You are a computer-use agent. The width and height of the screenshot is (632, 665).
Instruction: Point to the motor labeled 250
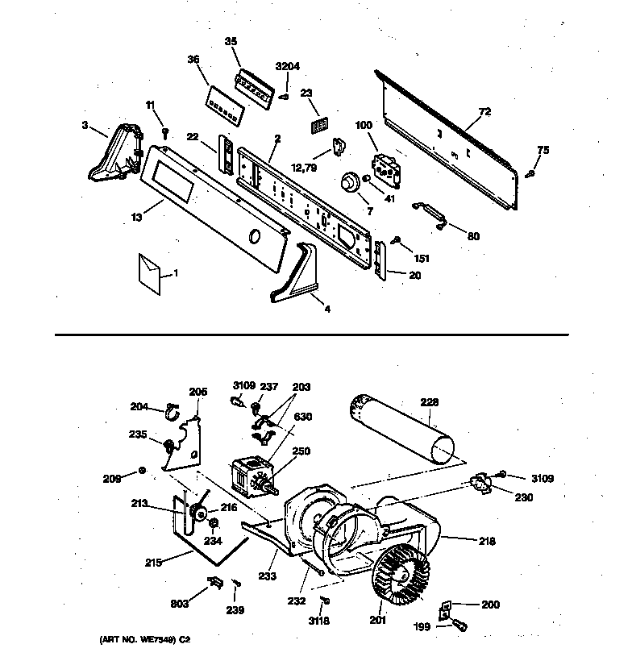tap(251, 475)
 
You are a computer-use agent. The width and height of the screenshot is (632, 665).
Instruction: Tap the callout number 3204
tap(286, 67)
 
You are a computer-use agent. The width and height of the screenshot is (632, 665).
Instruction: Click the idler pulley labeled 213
tap(195, 510)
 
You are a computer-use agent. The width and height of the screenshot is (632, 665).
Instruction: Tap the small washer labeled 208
tap(142, 470)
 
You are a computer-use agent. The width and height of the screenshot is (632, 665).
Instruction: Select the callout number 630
tap(302, 417)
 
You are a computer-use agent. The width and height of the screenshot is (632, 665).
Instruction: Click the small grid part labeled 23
tap(320, 125)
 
